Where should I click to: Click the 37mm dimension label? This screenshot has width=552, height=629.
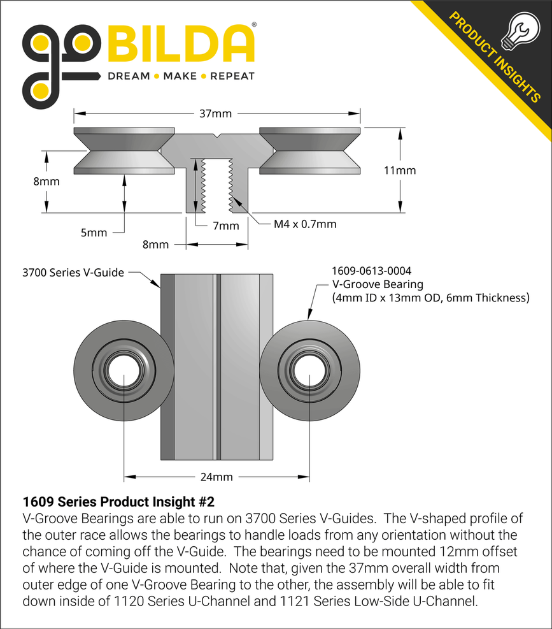pyautogui.click(x=216, y=114)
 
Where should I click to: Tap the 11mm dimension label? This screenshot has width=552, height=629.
pyautogui.click(x=400, y=170)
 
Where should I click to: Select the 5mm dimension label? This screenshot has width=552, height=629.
pyautogui.click(x=94, y=233)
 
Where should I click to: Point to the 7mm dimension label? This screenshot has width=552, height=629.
pyautogui.click(x=225, y=226)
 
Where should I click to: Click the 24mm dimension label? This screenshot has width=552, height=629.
pyautogui.click(x=216, y=477)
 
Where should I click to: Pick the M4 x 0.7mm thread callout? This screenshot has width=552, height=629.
pyautogui.click(x=305, y=224)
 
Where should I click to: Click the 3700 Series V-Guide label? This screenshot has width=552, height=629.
pyautogui.click(x=73, y=272)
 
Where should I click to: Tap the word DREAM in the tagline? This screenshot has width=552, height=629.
pyautogui.click(x=129, y=76)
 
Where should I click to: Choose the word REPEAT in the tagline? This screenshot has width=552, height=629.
pyautogui.click(x=232, y=76)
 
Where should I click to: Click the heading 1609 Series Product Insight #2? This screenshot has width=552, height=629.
pyautogui.click(x=123, y=501)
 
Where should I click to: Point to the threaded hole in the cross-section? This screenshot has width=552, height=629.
pyautogui.click(x=216, y=185)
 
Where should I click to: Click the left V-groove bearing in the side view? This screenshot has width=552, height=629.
pyautogui.click(x=124, y=150)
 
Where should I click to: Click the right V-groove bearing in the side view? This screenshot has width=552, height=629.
pyautogui.click(x=309, y=150)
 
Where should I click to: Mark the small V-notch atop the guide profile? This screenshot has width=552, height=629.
pyautogui.click(x=216, y=136)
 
